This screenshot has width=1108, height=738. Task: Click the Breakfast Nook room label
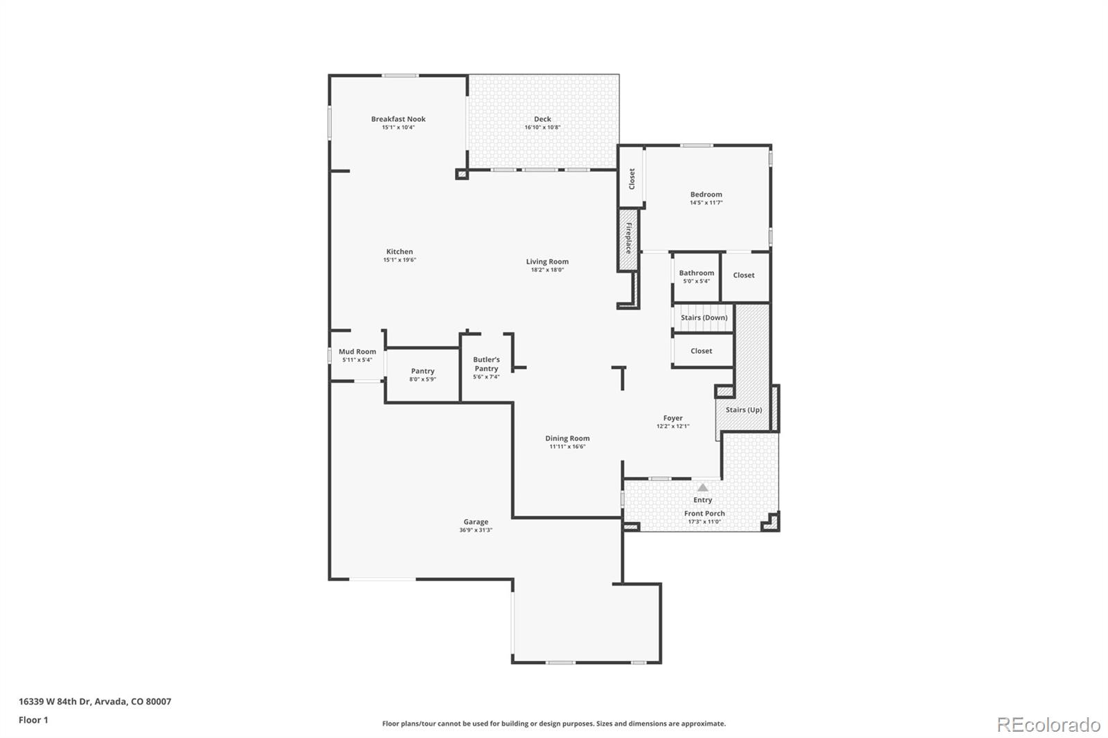(398, 119)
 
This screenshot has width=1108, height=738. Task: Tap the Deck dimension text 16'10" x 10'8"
(542, 127)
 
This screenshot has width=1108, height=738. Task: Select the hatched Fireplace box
(628, 239)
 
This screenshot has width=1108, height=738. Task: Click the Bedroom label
(706, 195)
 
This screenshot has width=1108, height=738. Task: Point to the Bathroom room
(696, 277)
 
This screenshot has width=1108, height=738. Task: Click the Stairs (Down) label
(704, 318)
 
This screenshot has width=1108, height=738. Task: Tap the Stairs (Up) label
(744, 410)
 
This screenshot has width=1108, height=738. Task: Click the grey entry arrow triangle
(703, 487)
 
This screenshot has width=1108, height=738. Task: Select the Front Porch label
(704, 514)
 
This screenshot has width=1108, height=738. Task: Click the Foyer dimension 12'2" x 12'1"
(672, 426)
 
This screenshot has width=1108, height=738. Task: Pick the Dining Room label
(567, 438)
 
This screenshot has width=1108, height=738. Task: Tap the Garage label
(476, 522)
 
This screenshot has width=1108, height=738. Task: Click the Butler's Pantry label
(486, 364)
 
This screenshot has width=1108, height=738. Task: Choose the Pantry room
(422, 375)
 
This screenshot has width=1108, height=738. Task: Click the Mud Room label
(357, 352)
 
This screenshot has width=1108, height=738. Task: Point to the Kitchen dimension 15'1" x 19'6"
(400, 260)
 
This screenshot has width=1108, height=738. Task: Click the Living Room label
(547, 262)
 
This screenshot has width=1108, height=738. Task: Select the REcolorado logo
(1048, 725)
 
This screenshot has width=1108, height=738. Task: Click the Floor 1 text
(33, 720)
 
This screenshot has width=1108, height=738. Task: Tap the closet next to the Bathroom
(744, 276)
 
